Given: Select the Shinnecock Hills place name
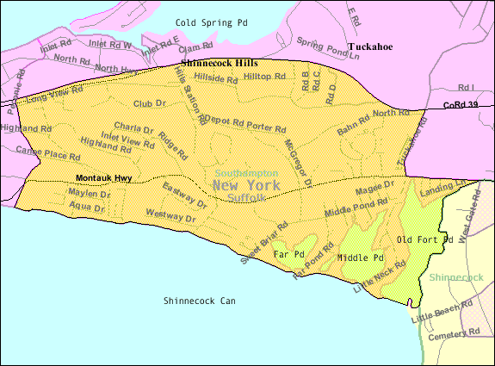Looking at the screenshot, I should (219, 63).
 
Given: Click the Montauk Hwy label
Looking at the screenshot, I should (103, 178).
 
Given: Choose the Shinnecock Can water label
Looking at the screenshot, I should (199, 301).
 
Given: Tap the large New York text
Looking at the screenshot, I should (245, 185).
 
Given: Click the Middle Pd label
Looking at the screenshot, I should (360, 257).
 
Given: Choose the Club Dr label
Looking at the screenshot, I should (148, 103).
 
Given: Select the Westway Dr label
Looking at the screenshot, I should (171, 214).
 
